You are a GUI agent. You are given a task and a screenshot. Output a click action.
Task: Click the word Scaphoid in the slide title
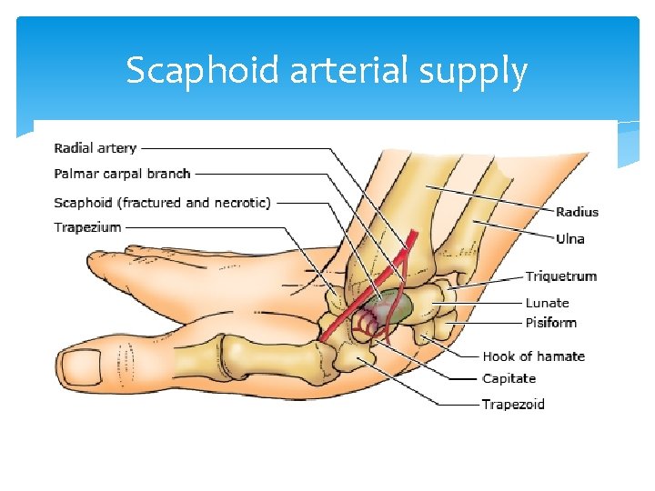pyautogui.click(x=203, y=71)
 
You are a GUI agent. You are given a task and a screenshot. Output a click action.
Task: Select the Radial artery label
pyautogui.click(x=96, y=148)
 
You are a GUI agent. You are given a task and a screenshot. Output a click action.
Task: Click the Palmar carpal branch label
pyautogui.click(x=122, y=174)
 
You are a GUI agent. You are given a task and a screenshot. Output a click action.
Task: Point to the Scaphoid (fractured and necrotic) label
pyautogui.click(x=162, y=203)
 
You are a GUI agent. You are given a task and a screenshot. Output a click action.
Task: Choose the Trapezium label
pyautogui.click(x=87, y=227)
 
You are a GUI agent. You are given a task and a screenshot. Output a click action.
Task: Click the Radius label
pyautogui.click(x=578, y=212)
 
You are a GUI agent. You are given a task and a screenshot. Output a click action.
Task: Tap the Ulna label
pyautogui.click(x=570, y=239)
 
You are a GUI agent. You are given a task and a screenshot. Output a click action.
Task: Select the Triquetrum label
pyautogui.click(x=561, y=276)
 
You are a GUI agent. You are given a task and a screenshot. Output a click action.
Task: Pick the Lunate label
pyautogui.click(x=548, y=303)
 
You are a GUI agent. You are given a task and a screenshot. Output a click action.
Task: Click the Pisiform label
pyautogui.click(x=551, y=323)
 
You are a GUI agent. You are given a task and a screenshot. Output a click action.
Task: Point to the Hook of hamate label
pyautogui.click(x=534, y=356)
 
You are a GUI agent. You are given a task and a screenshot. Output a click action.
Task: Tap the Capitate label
pyautogui.click(x=509, y=378)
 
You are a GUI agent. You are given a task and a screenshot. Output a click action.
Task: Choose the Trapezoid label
pyautogui.click(x=514, y=404)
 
